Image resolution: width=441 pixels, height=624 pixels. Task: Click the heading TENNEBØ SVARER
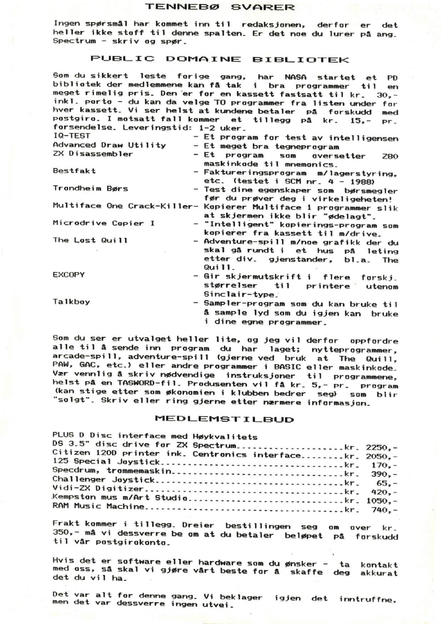click(220, 7)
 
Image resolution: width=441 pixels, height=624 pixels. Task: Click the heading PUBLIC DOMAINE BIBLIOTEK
click(219, 59)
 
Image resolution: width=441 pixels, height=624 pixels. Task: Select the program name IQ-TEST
click(71, 136)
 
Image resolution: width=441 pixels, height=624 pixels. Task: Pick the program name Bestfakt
click(74, 171)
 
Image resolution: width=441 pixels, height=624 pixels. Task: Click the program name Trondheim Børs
click(90, 188)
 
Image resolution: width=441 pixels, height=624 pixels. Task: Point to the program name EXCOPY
click(69, 275)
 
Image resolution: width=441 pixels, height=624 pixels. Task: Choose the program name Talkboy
click(71, 302)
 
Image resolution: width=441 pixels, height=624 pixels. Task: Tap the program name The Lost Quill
click(90, 240)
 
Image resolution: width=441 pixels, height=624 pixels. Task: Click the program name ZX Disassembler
click(92, 154)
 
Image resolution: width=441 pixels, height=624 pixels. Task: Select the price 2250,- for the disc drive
click(381, 447)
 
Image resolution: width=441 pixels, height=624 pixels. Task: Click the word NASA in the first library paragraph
click(296, 77)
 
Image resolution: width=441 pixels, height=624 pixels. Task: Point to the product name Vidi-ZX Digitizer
click(97, 488)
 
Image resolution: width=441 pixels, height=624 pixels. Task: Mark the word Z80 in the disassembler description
click(390, 156)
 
